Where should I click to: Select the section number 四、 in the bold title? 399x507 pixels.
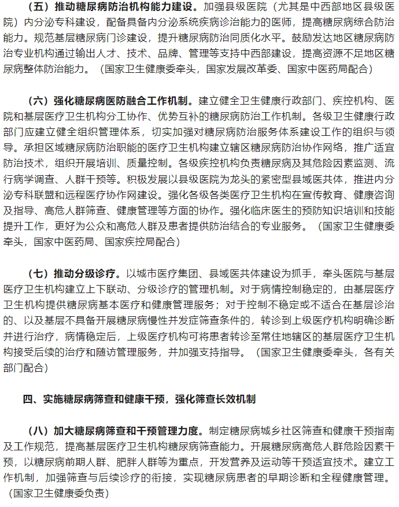point(30,399)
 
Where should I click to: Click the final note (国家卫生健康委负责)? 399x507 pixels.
point(58,493)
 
